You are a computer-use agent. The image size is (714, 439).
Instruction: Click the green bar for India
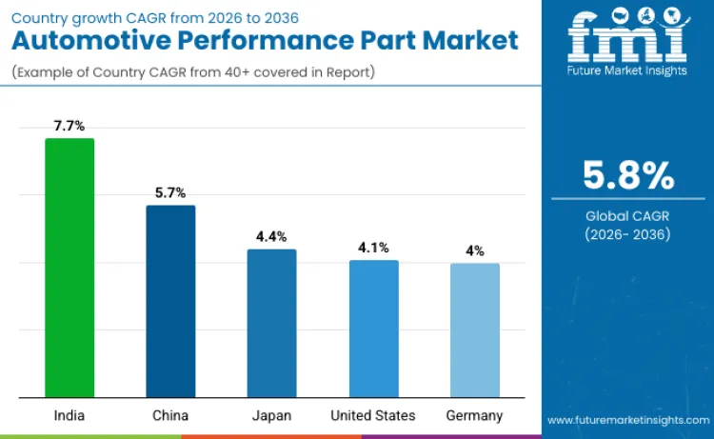click(x=69, y=268)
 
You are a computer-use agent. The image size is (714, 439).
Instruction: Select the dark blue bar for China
click(x=170, y=301)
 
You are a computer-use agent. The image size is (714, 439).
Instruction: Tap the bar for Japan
click(x=271, y=323)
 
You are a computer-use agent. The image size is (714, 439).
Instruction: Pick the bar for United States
click(x=373, y=329)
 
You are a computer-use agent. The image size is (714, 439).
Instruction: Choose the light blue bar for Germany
click(x=474, y=330)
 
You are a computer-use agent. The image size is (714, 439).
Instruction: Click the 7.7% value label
click(x=69, y=126)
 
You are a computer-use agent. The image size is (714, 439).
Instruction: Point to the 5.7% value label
click(x=170, y=192)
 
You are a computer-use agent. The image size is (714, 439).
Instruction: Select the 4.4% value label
click(x=271, y=236)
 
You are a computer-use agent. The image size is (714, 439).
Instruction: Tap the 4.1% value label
click(x=373, y=248)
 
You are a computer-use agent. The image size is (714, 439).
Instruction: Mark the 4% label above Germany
click(x=474, y=250)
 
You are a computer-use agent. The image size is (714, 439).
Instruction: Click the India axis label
click(x=69, y=415)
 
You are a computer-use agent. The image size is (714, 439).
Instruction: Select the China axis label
click(x=170, y=415)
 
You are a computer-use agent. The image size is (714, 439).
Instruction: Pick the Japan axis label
click(x=271, y=415)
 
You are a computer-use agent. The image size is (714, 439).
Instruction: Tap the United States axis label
click(x=373, y=415)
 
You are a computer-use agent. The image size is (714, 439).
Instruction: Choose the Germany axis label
click(x=474, y=415)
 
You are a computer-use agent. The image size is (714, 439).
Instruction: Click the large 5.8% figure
click(x=627, y=176)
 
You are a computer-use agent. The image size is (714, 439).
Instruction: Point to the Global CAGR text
click(x=627, y=216)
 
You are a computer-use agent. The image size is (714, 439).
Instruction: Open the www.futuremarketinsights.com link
click(x=627, y=420)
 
